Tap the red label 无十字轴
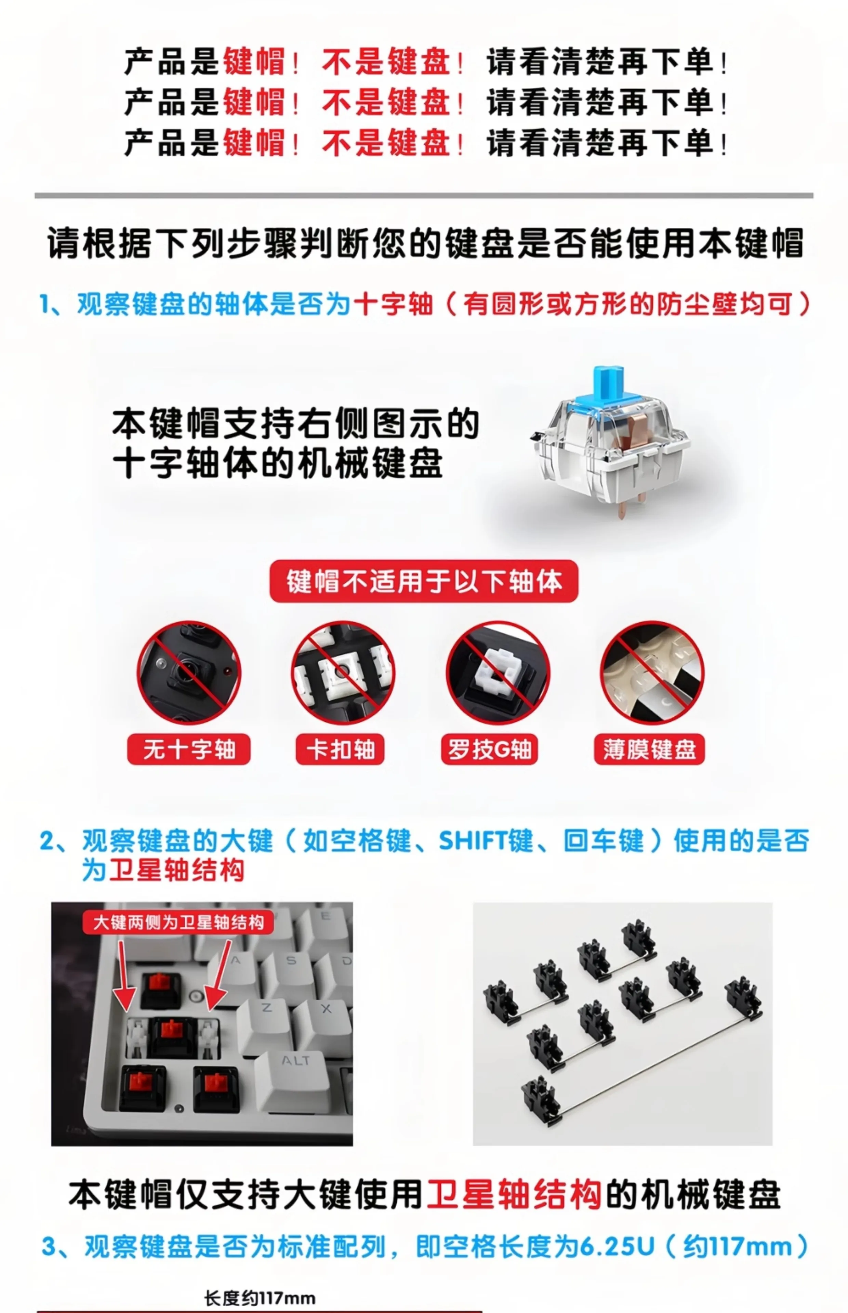189,749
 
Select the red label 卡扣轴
340,749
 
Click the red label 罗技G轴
489,749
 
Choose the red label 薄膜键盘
649,749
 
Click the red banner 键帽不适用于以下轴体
423,581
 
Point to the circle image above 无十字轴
189,672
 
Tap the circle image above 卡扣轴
343,672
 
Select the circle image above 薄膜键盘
652,672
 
